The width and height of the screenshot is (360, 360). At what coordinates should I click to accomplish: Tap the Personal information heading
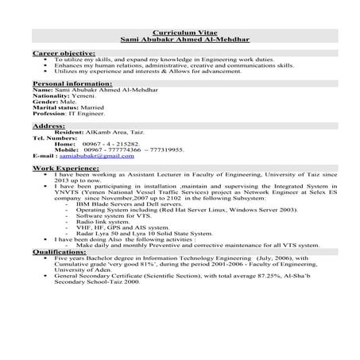[x=67, y=83]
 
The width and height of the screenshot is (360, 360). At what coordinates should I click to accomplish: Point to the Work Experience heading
[x=65, y=170]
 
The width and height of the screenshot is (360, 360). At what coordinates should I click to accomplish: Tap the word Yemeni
[x=83, y=95]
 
